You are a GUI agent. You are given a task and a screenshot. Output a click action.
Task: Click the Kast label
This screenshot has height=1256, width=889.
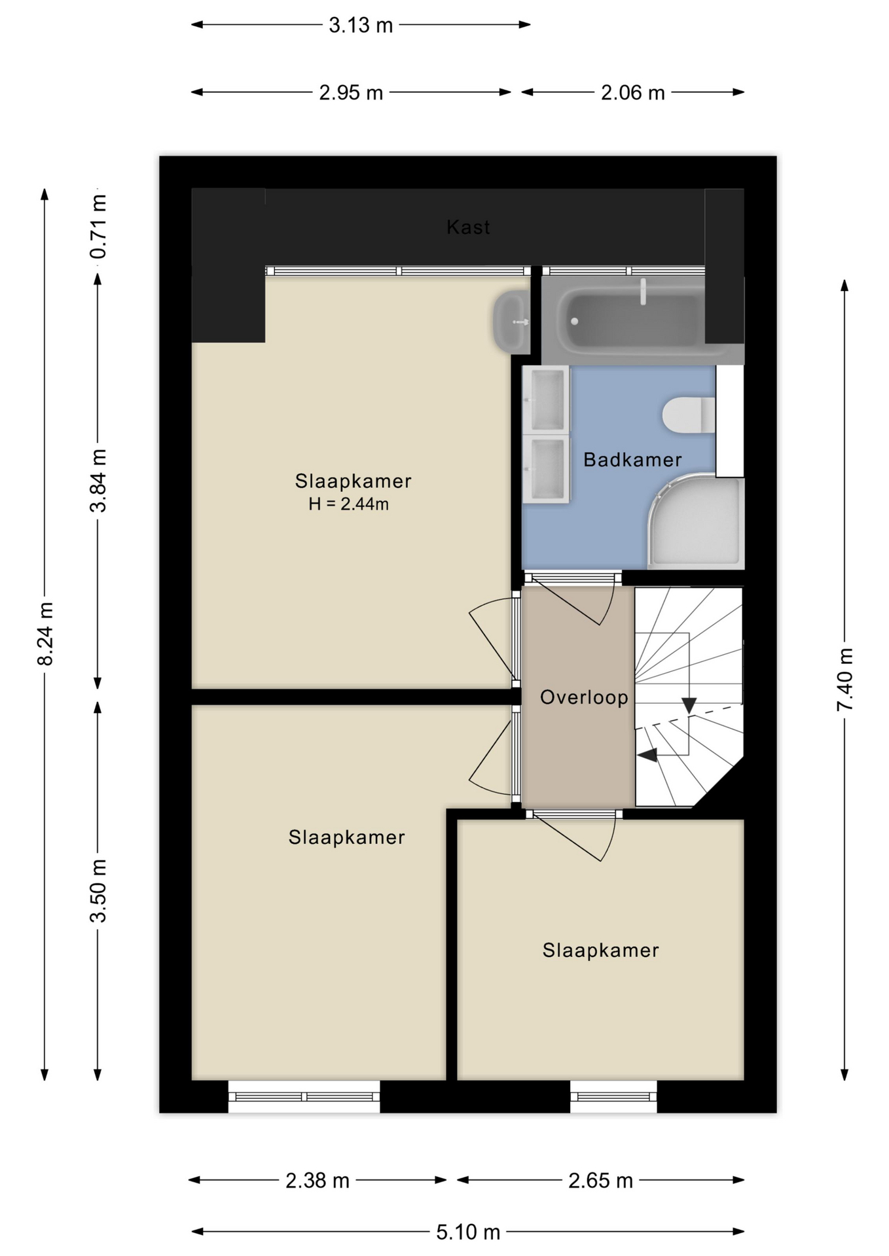point(468,227)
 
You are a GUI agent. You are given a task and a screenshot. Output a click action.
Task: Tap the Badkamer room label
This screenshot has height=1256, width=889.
point(632,460)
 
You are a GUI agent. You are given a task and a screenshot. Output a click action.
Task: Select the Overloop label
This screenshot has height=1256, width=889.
point(584,697)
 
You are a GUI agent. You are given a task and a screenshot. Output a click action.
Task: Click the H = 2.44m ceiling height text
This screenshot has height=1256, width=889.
point(349,504)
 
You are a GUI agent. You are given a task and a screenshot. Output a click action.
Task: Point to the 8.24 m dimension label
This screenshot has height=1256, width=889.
point(45,634)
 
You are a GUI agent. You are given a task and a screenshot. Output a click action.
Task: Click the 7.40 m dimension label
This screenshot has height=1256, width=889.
point(844,680)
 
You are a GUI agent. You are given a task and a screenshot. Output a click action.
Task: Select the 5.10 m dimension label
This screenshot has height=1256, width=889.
point(468,1232)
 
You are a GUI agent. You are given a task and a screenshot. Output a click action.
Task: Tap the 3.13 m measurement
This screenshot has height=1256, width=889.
point(361,26)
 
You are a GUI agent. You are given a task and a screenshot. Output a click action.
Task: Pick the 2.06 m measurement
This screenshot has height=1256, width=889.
point(633,93)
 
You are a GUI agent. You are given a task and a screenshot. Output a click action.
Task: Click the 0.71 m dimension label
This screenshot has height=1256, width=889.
point(98,226)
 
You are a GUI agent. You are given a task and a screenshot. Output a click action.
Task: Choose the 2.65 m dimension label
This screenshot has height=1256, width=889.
point(600,1181)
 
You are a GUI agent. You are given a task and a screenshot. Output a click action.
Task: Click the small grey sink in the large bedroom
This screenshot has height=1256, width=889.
point(512,322)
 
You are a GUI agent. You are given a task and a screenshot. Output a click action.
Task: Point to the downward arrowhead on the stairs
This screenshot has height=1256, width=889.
point(689,705)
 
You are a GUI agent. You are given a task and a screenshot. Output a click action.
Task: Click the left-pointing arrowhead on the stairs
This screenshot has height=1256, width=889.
point(647,755)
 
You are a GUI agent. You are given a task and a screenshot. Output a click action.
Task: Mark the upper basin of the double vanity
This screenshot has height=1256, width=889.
point(547,399)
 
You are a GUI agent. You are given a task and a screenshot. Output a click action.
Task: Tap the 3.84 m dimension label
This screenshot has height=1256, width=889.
point(98,481)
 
